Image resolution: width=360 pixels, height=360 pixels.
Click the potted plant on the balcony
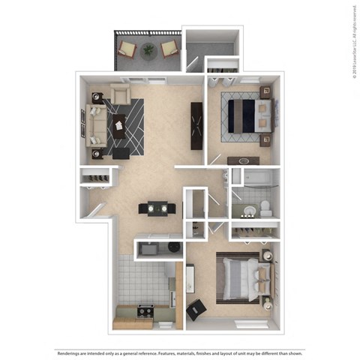pyautogui.click(x=148, y=51)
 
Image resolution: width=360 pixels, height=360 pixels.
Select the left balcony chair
pyautogui.click(x=128, y=50)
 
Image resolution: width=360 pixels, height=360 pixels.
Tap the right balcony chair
pyautogui.click(x=169, y=51)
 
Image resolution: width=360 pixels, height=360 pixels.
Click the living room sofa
pyautogui.click(x=96, y=124)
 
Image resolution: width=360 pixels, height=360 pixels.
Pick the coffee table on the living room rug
pyautogui.click(x=118, y=127)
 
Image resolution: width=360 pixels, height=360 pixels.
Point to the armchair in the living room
pyautogui.click(x=120, y=94)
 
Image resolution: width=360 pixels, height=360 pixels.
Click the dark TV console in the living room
pyautogui.click(x=197, y=126)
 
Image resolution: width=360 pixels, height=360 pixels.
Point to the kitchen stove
pyautogui.click(x=144, y=309)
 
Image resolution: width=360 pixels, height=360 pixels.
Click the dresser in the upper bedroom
pyautogui.click(x=243, y=160)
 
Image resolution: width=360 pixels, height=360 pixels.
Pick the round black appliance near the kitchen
pyautogui.click(x=174, y=246)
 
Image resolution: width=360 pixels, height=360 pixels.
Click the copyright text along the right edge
pyautogui.click(x=352, y=42)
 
